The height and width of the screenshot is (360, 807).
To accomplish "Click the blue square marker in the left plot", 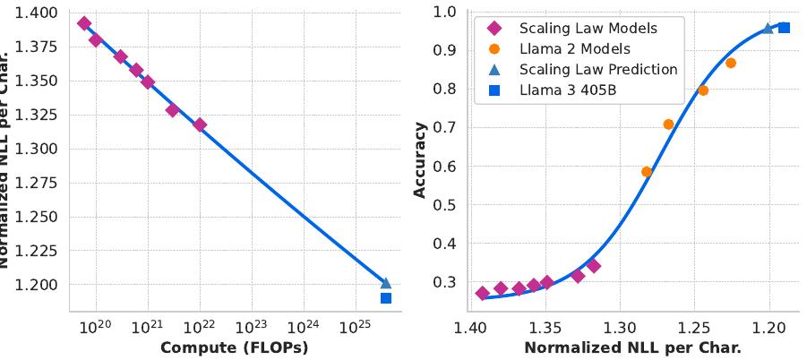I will tap(386, 298).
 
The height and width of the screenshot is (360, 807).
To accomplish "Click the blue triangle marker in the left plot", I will tap(386, 283).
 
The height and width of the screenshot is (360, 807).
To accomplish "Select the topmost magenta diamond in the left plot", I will tap(84, 23).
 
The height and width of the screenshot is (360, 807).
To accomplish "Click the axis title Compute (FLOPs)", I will tap(234, 347).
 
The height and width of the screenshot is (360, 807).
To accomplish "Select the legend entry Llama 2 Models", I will tap(573, 48).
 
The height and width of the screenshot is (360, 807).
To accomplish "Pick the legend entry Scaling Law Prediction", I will tap(598, 69).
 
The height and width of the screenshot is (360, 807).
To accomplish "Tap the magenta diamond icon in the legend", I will tap(494, 28).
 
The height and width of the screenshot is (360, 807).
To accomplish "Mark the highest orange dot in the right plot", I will tap(731, 63).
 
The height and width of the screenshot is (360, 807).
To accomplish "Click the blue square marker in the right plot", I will tap(785, 28).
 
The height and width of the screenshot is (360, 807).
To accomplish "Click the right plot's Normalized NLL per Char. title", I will tap(632, 347).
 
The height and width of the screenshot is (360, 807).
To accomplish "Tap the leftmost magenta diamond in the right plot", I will tap(483, 293).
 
